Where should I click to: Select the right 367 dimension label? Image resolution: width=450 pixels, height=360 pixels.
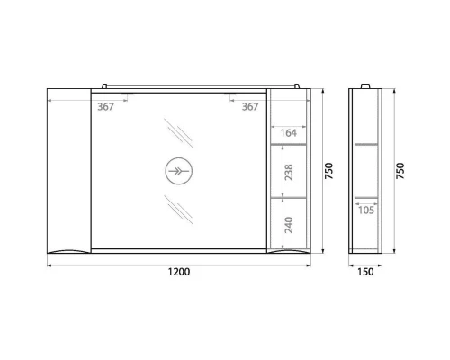[x=250, y=105]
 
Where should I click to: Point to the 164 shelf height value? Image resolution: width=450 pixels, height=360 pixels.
[x=288, y=133]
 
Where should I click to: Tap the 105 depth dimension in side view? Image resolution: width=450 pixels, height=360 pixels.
[x=365, y=211]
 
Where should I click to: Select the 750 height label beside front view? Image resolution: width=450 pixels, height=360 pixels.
[x=329, y=171]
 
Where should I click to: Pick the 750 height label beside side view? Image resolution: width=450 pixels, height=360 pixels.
[x=400, y=171]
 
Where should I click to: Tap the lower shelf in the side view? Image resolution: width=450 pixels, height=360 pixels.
[x=365, y=196]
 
